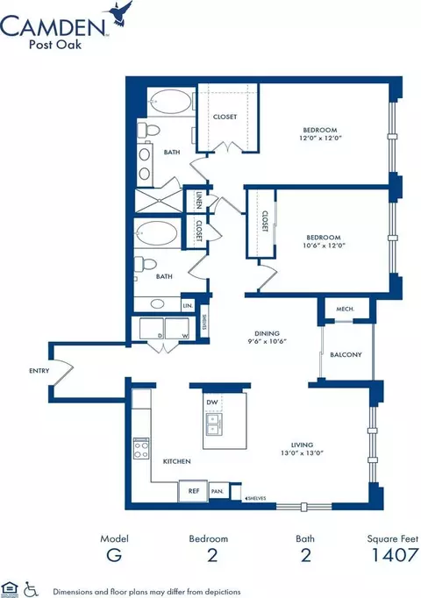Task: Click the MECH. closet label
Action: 339,310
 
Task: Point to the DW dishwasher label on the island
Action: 210,402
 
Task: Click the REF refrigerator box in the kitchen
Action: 192,492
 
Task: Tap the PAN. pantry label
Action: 218,492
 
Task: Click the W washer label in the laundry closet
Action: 184,334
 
